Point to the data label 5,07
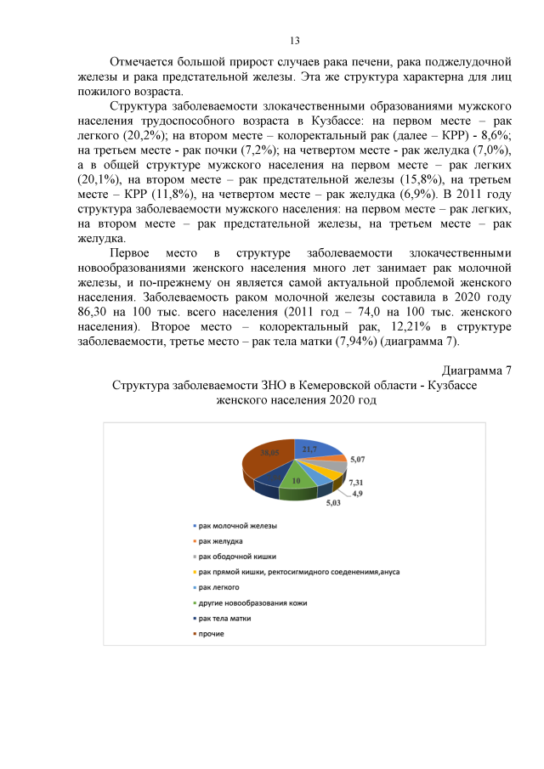[x=358, y=460]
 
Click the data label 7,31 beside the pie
[x=356, y=483]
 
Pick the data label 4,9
[x=358, y=493]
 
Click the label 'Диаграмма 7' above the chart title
[x=477, y=370]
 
